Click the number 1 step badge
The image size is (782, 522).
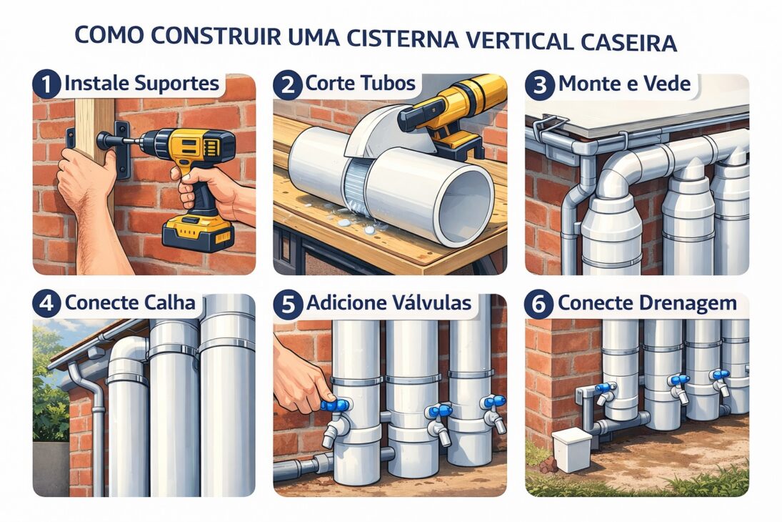(x=46, y=84)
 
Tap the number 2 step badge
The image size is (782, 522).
(x=287, y=84)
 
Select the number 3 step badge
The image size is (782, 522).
(x=540, y=84)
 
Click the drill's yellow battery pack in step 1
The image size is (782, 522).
(x=198, y=233)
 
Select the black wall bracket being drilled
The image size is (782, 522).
(x=122, y=149)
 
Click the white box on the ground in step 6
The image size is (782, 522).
(x=571, y=449)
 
